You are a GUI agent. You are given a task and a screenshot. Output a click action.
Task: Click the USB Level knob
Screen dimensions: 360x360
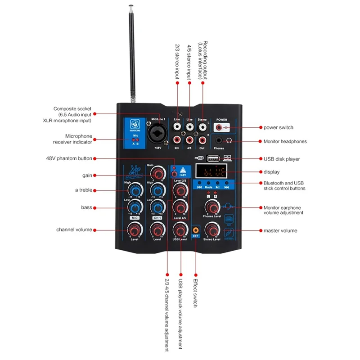(180, 230)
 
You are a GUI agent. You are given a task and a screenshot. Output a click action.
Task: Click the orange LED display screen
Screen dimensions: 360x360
(214, 171)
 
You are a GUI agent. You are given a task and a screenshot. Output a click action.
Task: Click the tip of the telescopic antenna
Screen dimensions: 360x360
(130, 7)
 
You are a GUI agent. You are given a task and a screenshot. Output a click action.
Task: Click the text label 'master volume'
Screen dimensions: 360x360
(280, 230)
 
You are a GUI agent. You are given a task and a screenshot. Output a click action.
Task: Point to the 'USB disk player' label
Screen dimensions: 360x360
(282, 159)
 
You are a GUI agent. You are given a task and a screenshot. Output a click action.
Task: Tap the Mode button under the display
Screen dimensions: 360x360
(208, 186)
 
